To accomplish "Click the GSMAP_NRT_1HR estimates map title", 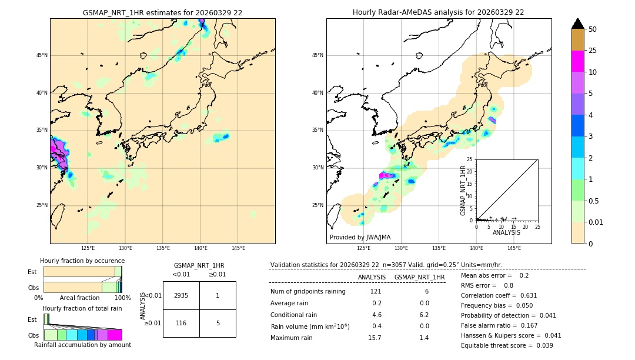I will [x=162, y=12].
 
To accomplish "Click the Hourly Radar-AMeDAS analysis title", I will [x=439, y=12].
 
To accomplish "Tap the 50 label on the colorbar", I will [x=593, y=29].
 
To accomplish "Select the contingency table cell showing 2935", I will [x=181, y=295].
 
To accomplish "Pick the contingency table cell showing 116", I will [x=181, y=323].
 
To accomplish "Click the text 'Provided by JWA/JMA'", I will [x=360, y=237].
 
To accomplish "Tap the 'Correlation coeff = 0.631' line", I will [x=499, y=295].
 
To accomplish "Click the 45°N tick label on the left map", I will [x=42, y=56].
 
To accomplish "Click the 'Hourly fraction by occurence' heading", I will [x=82, y=261].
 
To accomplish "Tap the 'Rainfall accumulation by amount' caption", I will [x=82, y=345].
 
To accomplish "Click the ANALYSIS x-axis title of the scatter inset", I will [x=506, y=232].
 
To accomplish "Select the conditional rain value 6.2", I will [x=423, y=315].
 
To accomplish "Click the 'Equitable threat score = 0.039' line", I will [x=507, y=345].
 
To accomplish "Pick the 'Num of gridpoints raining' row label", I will [x=308, y=292].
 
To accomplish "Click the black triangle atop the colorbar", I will [x=578, y=24].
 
